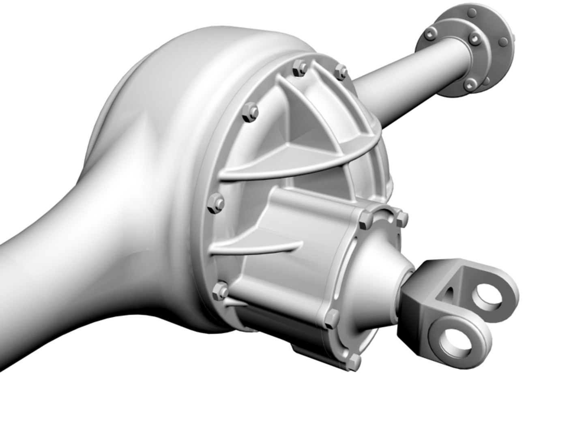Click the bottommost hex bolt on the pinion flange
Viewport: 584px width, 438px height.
tap(354, 361)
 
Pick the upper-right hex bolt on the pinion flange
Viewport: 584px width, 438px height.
tap(401, 218)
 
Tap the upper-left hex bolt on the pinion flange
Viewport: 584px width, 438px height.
tap(364, 219)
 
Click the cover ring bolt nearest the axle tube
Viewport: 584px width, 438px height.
tap(341, 71)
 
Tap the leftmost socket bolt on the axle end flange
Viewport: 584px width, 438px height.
tap(429, 35)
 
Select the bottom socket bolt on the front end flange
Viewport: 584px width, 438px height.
tap(470, 84)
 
